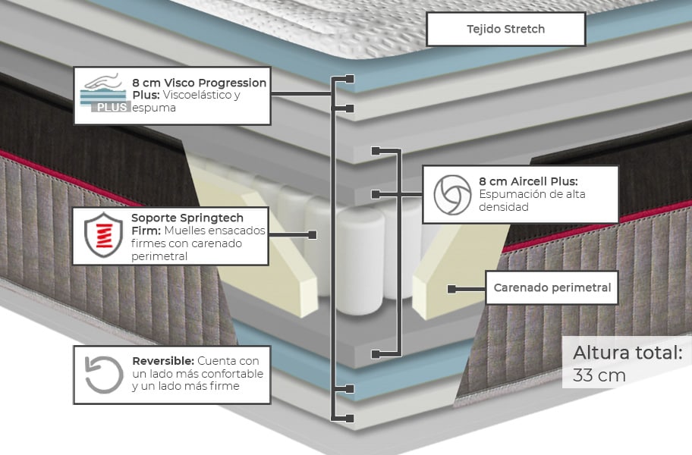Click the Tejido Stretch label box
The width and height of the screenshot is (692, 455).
tap(505, 30)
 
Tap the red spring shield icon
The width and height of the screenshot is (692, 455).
tap(103, 234)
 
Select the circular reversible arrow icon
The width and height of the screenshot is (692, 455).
tap(103, 375)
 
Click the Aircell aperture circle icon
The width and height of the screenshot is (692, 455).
tap(452, 194)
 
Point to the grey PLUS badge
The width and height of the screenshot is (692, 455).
tap(110, 108)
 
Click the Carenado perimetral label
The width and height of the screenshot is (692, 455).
tap(552, 287)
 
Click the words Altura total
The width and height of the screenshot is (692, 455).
tap(627, 353)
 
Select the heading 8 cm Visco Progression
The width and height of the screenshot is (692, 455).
tap(199, 83)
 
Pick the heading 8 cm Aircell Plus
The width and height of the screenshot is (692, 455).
tap(528, 181)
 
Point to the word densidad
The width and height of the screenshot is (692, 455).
tap(503, 207)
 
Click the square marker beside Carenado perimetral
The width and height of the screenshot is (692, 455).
tap(451, 289)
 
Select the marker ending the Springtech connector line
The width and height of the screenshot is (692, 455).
tap(313, 235)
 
